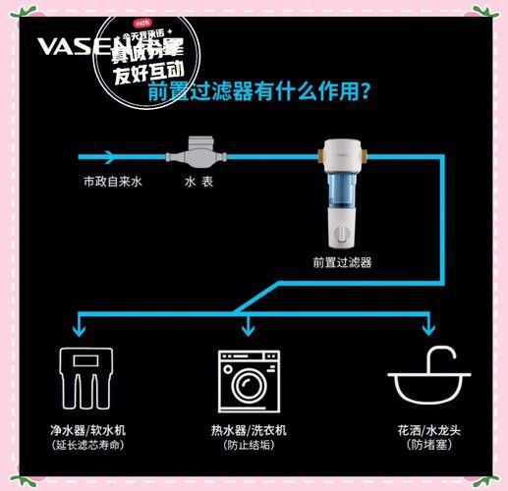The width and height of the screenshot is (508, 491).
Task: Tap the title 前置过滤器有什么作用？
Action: tap(258, 93)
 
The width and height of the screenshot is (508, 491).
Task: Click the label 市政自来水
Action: tap(111, 183)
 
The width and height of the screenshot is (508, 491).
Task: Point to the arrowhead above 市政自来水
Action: tap(110, 156)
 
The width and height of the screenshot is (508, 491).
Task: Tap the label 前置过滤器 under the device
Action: tap(342, 262)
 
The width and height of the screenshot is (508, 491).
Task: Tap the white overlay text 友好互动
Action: tap(148, 71)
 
